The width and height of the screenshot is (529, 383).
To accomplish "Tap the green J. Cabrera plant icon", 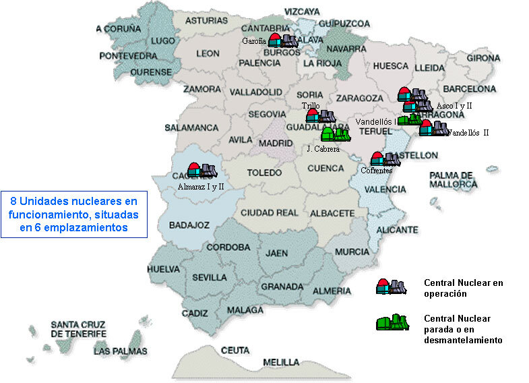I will click(335, 134).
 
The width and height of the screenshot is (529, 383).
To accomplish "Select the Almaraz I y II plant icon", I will click(201, 170).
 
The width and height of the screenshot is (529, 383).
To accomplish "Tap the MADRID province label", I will click(276, 143).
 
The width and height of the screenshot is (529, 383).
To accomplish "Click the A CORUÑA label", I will click(118, 28).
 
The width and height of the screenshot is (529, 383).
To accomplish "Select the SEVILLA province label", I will click(209, 277).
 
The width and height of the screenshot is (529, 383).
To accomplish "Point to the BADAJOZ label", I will click(189, 225).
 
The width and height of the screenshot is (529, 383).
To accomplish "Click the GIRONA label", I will click(483, 58).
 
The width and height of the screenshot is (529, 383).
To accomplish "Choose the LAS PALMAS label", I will click(121, 351).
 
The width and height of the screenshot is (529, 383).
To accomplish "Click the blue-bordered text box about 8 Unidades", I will click(73, 214).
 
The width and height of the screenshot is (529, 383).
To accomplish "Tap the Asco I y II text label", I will click(454, 106).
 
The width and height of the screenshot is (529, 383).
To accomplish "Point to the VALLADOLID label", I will click(255, 92).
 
